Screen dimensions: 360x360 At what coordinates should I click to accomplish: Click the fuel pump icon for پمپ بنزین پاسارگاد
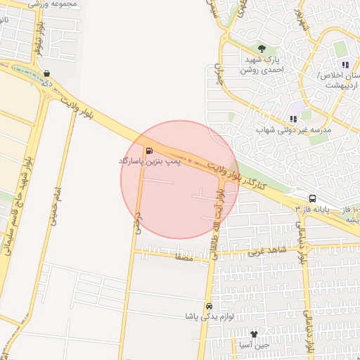(149, 150)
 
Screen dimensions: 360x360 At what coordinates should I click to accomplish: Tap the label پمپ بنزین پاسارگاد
(150, 162)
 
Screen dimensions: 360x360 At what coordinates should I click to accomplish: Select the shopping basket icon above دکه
(46, 73)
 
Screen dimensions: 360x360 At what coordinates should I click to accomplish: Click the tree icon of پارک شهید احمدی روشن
(262, 49)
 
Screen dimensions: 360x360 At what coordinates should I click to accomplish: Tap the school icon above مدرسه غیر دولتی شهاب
(293, 119)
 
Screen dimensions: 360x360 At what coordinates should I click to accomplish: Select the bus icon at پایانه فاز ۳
(312, 198)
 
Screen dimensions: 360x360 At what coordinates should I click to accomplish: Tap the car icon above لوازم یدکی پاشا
(209, 307)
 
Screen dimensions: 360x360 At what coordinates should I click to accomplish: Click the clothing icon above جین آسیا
(254, 334)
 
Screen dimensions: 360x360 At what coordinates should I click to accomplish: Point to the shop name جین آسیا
(254, 345)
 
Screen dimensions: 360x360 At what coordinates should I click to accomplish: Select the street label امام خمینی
(53, 206)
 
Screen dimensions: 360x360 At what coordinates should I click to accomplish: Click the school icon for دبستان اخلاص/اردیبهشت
(345, 65)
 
